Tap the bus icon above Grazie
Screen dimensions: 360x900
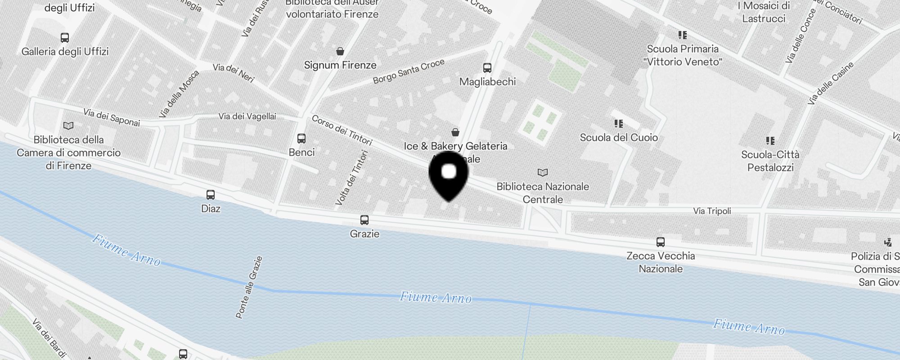click(x=364, y=220)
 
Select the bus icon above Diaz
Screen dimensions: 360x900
click(x=210, y=195)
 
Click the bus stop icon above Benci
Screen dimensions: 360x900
click(x=301, y=138)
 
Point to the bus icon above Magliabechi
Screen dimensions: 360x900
click(x=487, y=68)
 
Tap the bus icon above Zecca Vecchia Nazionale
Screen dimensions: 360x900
click(x=660, y=242)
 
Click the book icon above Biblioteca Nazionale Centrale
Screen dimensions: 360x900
click(x=543, y=172)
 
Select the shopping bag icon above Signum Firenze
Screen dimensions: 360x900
click(x=340, y=51)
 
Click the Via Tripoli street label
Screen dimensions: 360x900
click(x=712, y=211)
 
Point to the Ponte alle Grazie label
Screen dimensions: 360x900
click(x=249, y=288)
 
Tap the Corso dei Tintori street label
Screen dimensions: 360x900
click(x=342, y=130)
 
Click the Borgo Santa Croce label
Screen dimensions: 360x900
click(x=409, y=72)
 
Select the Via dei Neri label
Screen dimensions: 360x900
click(x=234, y=73)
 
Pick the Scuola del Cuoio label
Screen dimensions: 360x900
click(x=619, y=138)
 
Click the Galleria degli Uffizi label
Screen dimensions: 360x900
click(x=65, y=52)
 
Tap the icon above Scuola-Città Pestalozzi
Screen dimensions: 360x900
click(x=770, y=141)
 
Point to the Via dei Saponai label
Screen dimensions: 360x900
click(x=112, y=117)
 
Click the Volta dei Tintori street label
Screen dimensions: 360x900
click(x=352, y=178)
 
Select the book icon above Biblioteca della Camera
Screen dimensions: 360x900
click(x=68, y=126)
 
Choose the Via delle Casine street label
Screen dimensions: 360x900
click(x=830, y=84)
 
